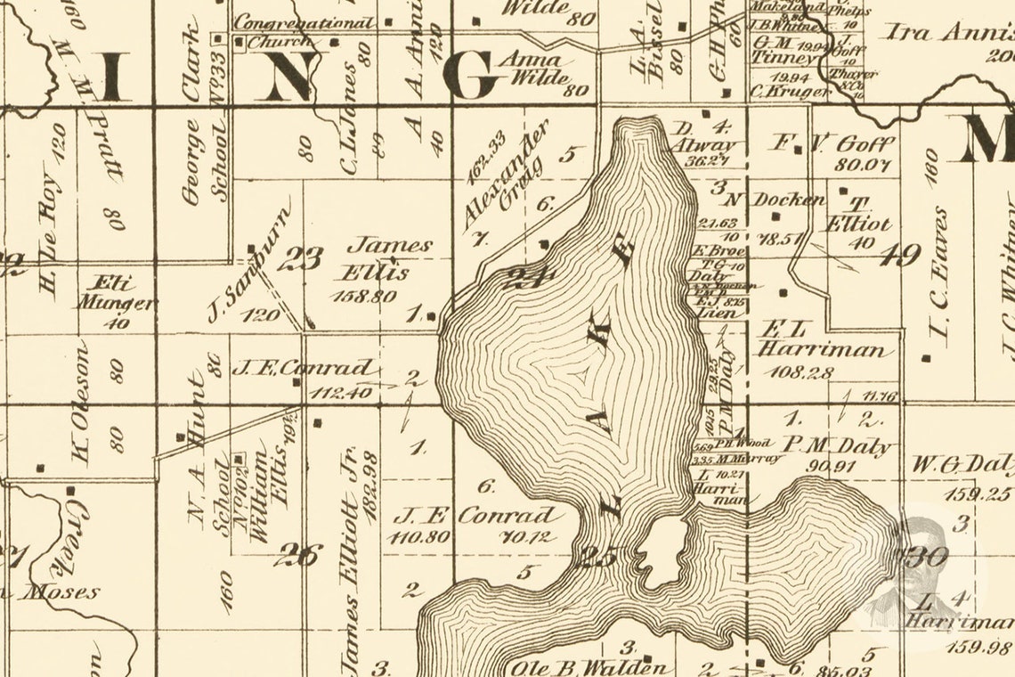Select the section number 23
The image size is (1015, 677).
click(x=300, y=259)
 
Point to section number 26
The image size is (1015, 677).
click(x=296, y=555)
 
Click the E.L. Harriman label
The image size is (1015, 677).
click(x=823, y=338)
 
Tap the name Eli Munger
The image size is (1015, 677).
click(x=116, y=294)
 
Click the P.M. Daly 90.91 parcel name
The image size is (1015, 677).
click(x=837, y=445)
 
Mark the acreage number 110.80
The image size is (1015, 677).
click(x=418, y=536)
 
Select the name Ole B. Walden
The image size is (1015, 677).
click(x=588, y=666)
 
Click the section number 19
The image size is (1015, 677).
click(x=899, y=257)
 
